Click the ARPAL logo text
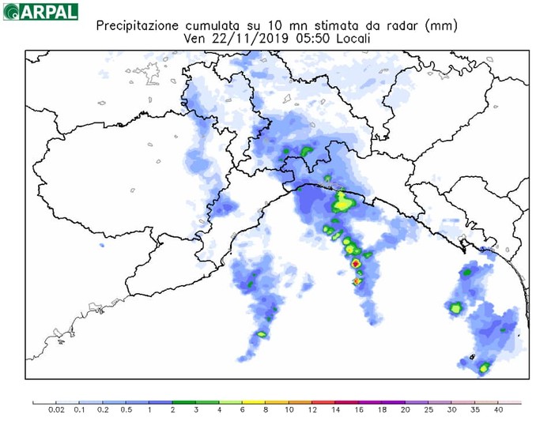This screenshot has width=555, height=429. [49, 12]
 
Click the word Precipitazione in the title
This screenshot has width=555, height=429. [136, 25]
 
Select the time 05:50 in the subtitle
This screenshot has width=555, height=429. [306, 38]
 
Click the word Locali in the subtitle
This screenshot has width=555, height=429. [349, 38]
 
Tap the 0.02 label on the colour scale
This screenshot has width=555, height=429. [56, 411]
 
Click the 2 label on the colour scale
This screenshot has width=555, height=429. [173, 411]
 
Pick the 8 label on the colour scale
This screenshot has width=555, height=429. [266, 411]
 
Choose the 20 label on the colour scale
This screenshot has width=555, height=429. [405, 411]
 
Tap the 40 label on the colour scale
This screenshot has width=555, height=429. [498, 411]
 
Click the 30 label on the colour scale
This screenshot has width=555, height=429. [451, 411]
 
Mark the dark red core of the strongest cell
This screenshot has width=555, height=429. [356, 262]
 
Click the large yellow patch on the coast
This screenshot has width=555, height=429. [343, 205]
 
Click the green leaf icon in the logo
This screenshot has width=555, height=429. [10, 13]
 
